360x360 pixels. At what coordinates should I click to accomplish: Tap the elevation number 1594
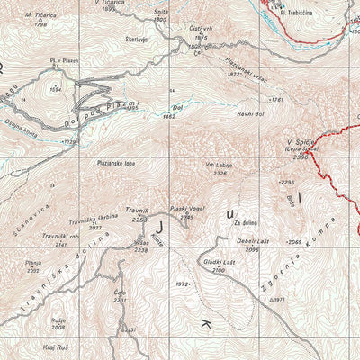[55, 90]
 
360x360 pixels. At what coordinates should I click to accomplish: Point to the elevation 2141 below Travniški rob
[61, 244]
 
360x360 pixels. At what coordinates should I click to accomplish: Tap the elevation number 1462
[167, 116]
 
